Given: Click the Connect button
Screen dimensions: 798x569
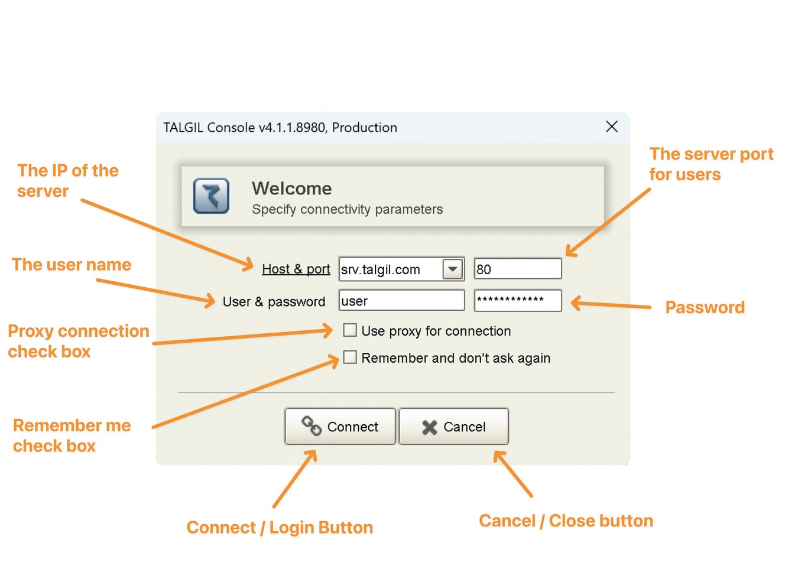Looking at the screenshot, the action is (x=340, y=426).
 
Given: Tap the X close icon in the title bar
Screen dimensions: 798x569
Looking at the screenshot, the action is (x=612, y=126).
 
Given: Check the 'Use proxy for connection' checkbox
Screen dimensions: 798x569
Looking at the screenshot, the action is (x=350, y=330).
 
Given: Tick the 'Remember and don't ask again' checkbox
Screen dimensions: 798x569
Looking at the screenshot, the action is (x=350, y=357).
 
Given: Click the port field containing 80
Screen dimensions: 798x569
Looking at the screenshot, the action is (x=518, y=268).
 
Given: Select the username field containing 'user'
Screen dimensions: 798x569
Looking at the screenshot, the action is (x=402, y=300).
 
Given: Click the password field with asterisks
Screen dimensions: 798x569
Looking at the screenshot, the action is (x=518, y=301).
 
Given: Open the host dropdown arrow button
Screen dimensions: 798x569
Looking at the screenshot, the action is (x=453, y=269).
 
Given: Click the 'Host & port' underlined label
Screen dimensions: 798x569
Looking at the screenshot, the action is (x=296, y=269).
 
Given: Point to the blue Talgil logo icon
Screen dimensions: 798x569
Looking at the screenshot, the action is (x=211, y=196).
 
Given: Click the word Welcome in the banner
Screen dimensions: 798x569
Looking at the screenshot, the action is (x=292, y=188).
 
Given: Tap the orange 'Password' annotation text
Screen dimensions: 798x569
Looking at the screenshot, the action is (x=705, y=307).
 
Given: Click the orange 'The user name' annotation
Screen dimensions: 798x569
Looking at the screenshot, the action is (x=72, y=265).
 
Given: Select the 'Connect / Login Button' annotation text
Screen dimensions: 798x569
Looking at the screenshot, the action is (x=280, y=527).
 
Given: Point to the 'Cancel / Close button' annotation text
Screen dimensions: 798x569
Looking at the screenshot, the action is (x=566, y=521).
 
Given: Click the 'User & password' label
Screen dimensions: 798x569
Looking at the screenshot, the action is (x=274, y=301).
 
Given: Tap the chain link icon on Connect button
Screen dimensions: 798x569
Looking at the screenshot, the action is (x=312, y=425).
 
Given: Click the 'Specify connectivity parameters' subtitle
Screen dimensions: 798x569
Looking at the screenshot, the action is (x=348, y=209).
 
